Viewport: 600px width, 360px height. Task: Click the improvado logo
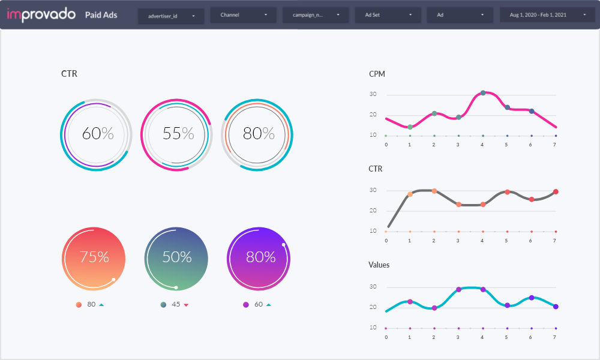(40, 15)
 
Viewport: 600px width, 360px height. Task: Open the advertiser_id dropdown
(171, 15)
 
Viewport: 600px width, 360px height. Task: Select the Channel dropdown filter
(243, 15)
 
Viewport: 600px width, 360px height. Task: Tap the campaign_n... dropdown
(316, 15)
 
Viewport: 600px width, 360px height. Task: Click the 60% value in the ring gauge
(98, 133)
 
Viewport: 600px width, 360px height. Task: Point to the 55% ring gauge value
(178, 133)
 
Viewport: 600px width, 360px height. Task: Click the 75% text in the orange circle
(94, 257)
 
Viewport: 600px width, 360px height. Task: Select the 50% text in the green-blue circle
(176, 257)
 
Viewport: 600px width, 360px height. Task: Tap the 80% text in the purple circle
(260, 257)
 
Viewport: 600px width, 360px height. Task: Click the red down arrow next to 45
(186, 305)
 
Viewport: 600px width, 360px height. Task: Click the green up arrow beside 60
(268, 305)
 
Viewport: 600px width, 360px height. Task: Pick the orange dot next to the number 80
(79, 305)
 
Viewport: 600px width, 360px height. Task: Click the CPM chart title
(377, 74)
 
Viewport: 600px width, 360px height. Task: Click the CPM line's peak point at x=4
(483, 93)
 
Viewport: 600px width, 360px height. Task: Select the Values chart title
(379, 265)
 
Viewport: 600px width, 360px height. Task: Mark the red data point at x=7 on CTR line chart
(556, 192)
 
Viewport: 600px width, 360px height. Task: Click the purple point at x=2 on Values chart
(434, 308)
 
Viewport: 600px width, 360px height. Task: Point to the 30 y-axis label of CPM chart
(373, 94)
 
